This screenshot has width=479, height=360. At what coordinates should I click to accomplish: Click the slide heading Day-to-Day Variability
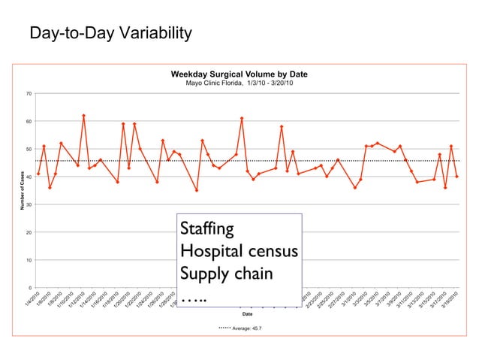point(110,35)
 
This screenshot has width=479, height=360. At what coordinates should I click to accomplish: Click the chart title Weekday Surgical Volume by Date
point(239,74)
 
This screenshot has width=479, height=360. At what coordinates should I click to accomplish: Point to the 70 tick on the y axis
point(28,94)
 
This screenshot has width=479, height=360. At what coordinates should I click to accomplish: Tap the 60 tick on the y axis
point(28,122)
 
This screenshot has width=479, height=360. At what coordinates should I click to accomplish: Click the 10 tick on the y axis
point(28,261)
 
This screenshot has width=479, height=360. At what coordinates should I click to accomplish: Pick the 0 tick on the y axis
point(29,289)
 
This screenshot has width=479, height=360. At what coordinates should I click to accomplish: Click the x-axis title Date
point(247,314)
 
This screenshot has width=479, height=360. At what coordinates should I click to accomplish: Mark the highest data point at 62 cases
point(83,116)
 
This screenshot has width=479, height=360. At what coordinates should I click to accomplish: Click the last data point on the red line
point(456,177)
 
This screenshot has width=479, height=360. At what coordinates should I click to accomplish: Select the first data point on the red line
point(38,174)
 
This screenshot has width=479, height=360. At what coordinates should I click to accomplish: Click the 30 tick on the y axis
point(28,205)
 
